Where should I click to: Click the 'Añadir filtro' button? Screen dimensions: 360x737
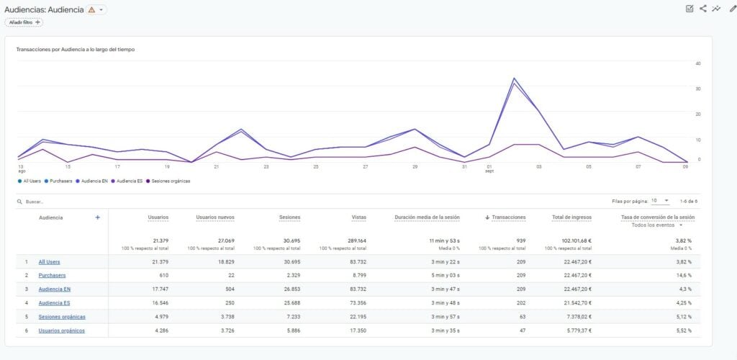(24, 22)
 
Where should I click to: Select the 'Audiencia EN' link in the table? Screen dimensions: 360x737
(55, 289)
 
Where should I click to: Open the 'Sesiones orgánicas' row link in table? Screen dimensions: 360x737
(62, 317)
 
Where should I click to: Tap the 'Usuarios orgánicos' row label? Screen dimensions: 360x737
(62, 330)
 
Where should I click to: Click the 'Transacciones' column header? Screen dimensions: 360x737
(508, 217)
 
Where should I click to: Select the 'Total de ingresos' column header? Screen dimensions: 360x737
(571, 217)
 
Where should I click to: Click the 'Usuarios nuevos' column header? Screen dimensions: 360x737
(214, 217)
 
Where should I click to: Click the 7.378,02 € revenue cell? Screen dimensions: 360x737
(575, 317)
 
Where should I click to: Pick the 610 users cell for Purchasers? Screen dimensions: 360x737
(162, 275)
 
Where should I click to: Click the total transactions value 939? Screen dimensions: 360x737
(520, 240)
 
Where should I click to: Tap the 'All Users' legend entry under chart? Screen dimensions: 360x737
(32, 181)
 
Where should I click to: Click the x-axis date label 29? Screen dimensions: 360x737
(415, 166)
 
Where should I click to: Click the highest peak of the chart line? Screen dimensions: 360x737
(514, 78)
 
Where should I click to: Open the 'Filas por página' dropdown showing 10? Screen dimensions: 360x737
(661, 201)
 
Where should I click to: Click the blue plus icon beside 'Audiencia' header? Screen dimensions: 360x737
(98, 217)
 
